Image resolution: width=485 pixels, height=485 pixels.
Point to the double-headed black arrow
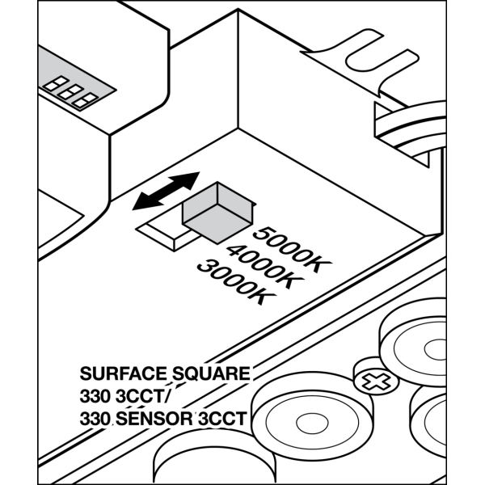coord(167,190)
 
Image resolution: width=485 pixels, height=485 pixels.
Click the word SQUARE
coord(210,374)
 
